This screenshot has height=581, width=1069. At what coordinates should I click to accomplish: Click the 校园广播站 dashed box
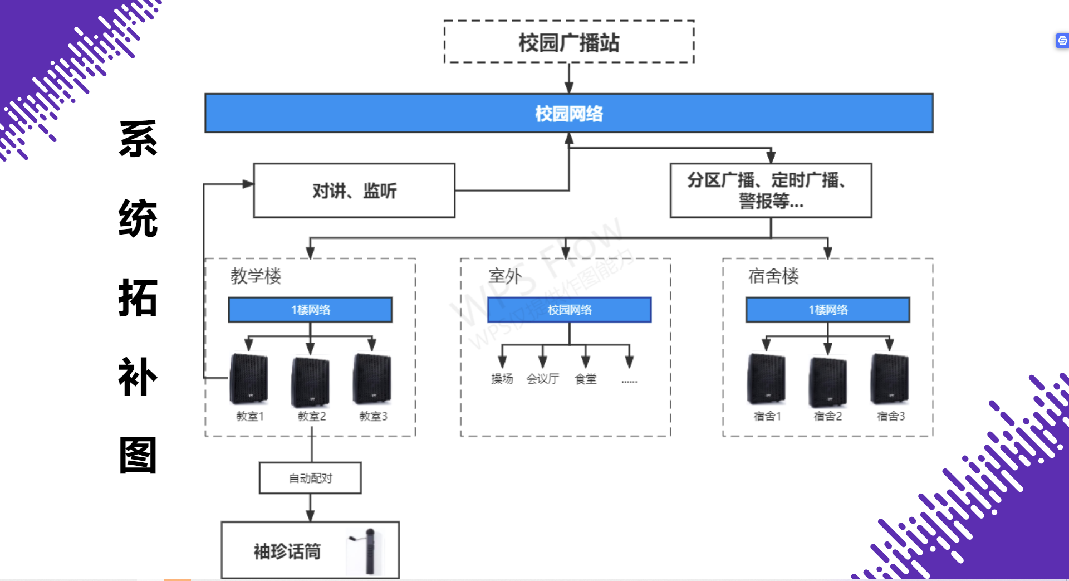568,42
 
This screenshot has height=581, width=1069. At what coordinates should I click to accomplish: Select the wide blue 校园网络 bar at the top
568,113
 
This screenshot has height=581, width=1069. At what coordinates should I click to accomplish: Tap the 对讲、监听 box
354,191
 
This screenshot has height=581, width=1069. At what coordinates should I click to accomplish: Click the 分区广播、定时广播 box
771,191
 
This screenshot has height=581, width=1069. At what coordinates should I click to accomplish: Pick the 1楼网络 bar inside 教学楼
310,310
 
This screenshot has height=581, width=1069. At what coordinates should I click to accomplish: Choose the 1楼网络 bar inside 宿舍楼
827,310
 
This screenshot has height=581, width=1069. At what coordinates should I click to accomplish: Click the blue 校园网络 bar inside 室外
569,310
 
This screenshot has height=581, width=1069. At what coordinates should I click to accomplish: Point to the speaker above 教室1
249,379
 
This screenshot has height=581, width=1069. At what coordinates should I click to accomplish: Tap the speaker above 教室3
372,379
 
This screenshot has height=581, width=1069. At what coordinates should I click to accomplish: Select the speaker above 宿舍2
828,382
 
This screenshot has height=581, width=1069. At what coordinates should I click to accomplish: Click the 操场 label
502,379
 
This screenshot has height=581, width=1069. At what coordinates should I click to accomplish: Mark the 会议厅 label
542,379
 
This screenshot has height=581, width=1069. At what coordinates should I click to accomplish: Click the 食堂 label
586,379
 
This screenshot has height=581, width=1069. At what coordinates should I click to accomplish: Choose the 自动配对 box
310,478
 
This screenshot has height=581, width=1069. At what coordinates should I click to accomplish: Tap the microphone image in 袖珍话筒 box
368,551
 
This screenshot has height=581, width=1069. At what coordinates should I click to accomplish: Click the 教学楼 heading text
256,276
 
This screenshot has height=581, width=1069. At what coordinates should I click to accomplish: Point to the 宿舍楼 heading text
773,276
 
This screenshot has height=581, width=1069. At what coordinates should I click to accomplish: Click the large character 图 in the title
138,455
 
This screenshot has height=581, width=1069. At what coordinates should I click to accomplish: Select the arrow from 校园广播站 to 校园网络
568,78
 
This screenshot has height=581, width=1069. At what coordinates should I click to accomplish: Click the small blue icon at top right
1062,41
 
